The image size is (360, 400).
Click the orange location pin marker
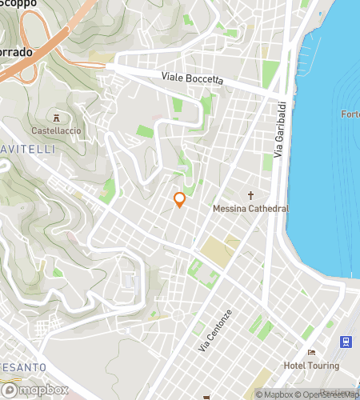point(180,200)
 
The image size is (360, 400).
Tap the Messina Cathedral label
point(250,209)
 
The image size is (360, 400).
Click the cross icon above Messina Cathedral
point(250,196)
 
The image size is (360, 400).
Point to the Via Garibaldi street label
point(279,131)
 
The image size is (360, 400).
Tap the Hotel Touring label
point(311,366)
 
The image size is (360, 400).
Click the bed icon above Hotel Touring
point(311,353)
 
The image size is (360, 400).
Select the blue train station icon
point(346,342)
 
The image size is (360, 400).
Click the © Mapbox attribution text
point(274,394)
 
